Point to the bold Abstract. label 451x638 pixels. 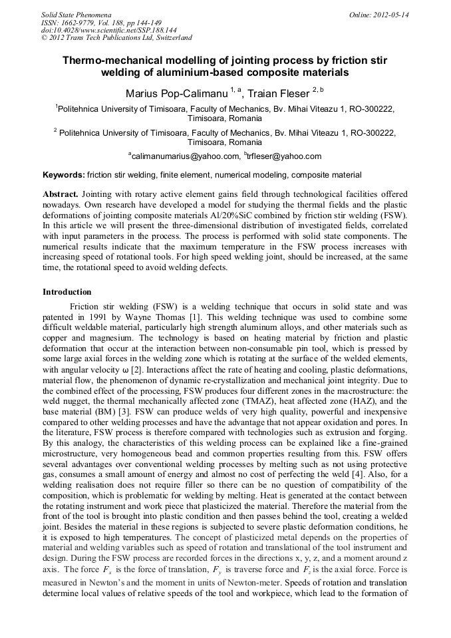click(x=61, y=194)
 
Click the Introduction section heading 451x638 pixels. click(x=67, y=291)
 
